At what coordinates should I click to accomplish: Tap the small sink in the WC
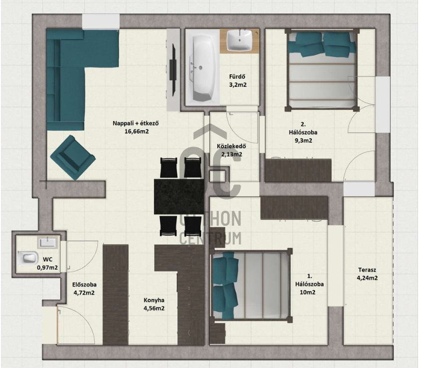[x=47, y=242]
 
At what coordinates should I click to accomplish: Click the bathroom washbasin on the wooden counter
[x=240, y=40]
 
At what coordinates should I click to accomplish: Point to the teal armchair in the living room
[x=73, y=157]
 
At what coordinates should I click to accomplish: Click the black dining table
[x=179, y=196]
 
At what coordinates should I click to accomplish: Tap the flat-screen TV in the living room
[x=173, y=70]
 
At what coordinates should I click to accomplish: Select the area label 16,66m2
[x=137, y=132]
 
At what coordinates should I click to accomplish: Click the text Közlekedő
[x=231, y=147]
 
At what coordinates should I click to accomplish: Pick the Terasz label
[x=367, y=270]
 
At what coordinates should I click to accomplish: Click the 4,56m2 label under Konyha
[x=154, y=308]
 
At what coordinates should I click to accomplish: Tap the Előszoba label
[x=84, y=285]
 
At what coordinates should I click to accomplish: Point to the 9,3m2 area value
[x=303, y=140]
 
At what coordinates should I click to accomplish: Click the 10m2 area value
[x=308, y=292]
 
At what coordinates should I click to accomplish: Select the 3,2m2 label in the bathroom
[x=238, y=85]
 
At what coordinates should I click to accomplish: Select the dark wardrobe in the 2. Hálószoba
[x=298, y=171]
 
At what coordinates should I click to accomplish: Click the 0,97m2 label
[x=47, y=268]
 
